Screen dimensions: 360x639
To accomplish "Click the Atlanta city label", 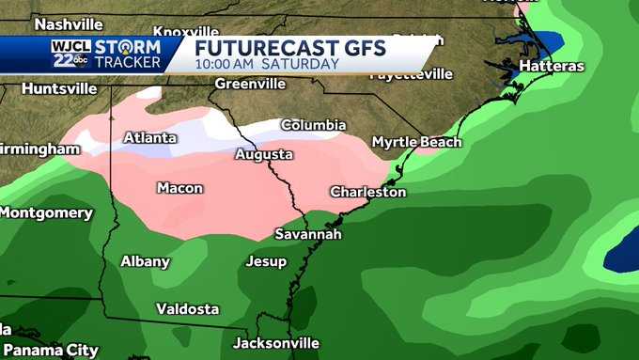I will coord(149,138).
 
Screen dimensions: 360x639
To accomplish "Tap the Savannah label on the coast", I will coord(307,234).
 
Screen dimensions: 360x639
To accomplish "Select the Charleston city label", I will coord(367,192).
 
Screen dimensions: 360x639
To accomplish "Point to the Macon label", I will coord(179,188).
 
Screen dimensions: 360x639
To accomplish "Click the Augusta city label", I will coord(263,154).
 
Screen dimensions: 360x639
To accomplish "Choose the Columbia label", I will coord(313,125).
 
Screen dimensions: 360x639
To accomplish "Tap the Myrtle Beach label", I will coord(416,142).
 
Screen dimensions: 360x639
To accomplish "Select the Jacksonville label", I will coord(275,343).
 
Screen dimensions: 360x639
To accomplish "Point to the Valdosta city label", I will coord(187,308).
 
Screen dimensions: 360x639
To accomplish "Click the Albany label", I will coord(145,261).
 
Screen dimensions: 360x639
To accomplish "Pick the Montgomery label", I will coord(46,212).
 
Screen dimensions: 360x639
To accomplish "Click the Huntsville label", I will coord(58,88).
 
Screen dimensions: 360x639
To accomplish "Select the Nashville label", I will coord(68,23).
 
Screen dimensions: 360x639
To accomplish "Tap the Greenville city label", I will coord(249,84).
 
